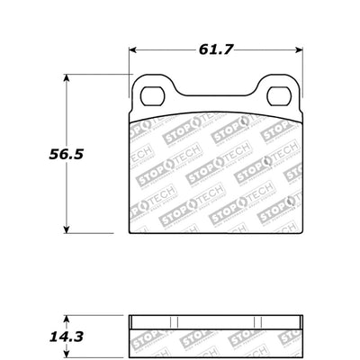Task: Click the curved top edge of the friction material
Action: click(215, 112)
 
